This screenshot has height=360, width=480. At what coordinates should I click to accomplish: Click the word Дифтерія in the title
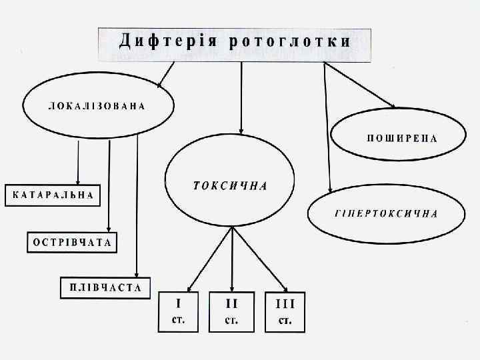coord(167,42)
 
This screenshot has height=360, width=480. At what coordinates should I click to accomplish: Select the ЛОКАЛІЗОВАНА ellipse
coord(98,107)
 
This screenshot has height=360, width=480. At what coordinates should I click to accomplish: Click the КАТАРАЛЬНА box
coord(51,195)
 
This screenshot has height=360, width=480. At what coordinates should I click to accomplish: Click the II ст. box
coord(231,312)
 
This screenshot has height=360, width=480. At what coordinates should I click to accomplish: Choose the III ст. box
coord(285,312)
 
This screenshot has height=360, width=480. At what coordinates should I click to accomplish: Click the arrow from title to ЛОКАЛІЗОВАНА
coord(167,75)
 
